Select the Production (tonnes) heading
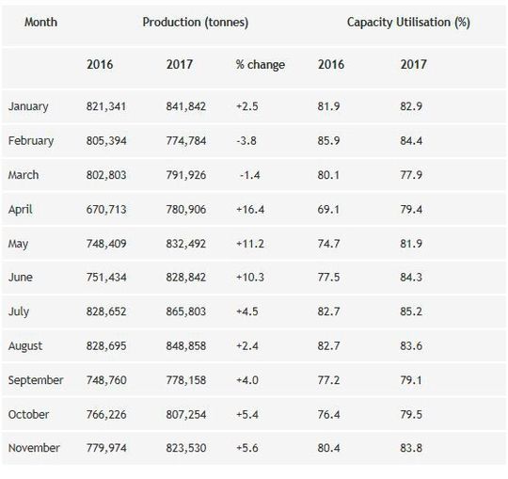(x=194, y=21)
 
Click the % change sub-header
(x=260, y=65)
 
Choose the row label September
(x=36, y=380)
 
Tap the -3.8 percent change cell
(x=248, y=140)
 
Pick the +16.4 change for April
(x=251, y=209)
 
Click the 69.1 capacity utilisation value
(x=329, y=209)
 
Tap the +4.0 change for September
(x=248, y=380)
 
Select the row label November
(x=34, y=448)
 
